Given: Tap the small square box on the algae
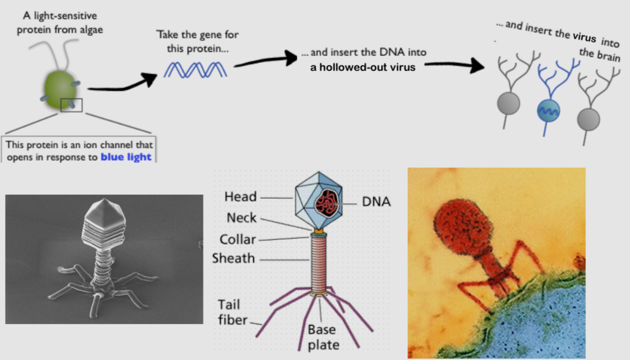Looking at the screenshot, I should (71, 104).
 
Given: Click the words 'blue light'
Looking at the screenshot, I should (126, 156).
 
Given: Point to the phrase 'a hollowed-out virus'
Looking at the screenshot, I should (363, 67).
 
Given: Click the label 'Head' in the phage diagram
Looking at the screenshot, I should (240, 197).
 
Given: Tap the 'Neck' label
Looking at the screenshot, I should (241, 218).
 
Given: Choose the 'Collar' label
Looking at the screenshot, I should (238, 239).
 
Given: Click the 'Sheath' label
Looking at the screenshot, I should (233, 258).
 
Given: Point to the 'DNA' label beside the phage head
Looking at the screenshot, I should (377, 202).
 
